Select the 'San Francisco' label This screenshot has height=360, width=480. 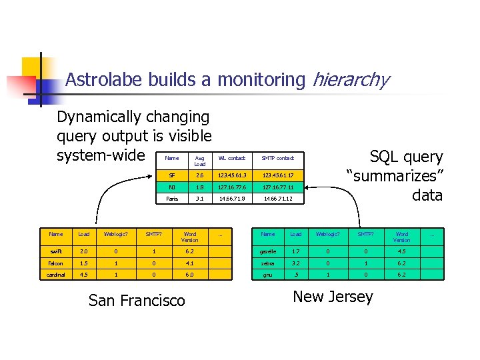[x=137, y=301]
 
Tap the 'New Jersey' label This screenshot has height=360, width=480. [x=333, y=297]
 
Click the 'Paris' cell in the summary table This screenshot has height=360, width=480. [x=172, y=199]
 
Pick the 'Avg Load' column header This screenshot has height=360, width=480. [x=199, y=161]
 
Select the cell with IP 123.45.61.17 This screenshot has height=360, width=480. [x=277, y=175]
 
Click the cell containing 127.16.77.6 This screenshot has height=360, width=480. [x=231, y=187]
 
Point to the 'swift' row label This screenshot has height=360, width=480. [x=56, y=252]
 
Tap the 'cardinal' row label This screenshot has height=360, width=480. [x=56, y=274]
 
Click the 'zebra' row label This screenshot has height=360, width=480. [x=268, y=263]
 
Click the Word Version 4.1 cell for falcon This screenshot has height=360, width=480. [x=190, y=263]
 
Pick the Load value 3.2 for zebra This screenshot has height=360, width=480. [x=296, y=263]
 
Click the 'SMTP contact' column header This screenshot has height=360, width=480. [x=277, y=158]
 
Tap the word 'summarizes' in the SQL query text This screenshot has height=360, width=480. [x=394, y=177]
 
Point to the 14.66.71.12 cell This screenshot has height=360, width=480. [x=277, y=199]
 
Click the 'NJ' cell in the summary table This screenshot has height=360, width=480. [x=172, y=187]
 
